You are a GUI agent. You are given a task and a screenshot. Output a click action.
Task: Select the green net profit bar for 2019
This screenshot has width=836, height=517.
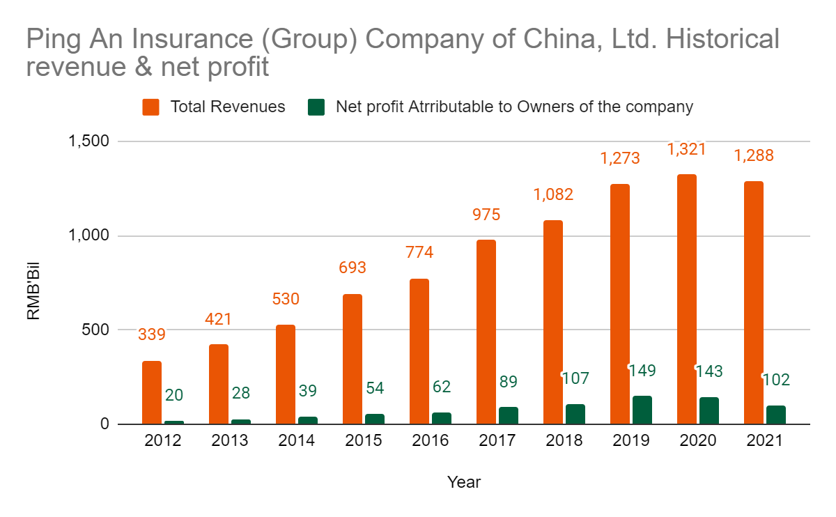[x=642, y=410]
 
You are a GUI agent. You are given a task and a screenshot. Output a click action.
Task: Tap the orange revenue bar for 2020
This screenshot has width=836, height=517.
[x=687, y=299]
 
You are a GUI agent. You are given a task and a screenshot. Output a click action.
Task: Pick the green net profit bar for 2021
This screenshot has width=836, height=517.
[x=776, y=415]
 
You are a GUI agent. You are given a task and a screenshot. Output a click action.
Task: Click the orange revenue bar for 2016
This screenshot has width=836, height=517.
[x=419, y=351]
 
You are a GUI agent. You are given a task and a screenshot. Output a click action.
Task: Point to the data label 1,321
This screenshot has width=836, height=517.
[x=687, y=148]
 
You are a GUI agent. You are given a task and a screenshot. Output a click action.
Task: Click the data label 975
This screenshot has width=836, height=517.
[x=486, y=215]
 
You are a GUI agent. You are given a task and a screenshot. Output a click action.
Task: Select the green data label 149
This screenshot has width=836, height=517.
[x=642, y=370]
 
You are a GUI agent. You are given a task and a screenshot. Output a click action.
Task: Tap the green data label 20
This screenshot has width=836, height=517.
[x=174, y=395]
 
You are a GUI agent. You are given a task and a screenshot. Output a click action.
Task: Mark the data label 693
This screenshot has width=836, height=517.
[x=353, y=268]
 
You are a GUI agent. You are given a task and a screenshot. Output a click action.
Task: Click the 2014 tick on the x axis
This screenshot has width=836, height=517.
[x=297, y=441]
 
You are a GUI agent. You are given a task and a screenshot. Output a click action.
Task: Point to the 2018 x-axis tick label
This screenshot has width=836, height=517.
[x=564, y=441]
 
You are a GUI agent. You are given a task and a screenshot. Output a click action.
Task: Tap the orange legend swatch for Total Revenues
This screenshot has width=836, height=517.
[x=151, y=107]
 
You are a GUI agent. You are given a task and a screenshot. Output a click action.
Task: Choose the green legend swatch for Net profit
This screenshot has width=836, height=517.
[x=317, y=107]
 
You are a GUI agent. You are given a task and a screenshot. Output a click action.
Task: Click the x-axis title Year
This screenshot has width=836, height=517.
[x=464, y=481]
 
